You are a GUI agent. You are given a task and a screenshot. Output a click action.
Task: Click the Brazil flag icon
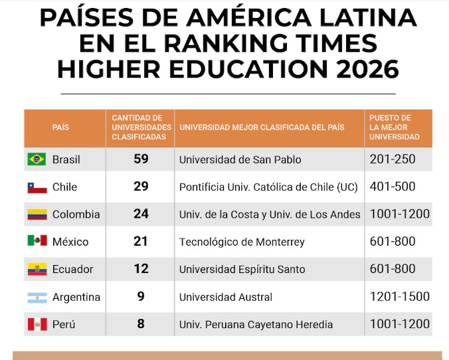[37, 159]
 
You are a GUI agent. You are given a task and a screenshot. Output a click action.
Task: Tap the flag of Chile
[37, 187]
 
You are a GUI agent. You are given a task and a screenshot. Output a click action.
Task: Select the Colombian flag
[37, 215]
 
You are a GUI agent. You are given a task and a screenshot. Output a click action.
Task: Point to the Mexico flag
[37, 242]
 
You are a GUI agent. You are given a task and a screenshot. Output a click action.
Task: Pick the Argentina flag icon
[37, 297]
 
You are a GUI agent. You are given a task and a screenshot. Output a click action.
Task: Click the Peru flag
[37, 325]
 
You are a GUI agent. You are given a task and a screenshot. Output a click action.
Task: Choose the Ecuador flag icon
[37, 270]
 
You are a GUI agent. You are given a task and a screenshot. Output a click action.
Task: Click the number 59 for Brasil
[140, 159]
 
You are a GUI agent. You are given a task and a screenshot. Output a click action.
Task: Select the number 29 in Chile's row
[140, 187]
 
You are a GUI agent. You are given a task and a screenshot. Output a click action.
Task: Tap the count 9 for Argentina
[140, 297]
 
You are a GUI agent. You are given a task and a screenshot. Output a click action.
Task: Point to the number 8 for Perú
[140, 325]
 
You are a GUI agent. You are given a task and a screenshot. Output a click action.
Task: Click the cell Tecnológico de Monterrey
[242, 242]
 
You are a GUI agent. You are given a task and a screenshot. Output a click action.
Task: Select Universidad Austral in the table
[226, 298]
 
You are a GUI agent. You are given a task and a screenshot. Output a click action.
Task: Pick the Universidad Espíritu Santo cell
[242, 270]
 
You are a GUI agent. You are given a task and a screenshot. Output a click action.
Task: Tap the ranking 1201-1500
[399, 297]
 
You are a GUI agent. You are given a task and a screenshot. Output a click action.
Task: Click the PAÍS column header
[60, 128]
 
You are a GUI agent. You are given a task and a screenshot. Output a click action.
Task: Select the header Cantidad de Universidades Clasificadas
[141, 128]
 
